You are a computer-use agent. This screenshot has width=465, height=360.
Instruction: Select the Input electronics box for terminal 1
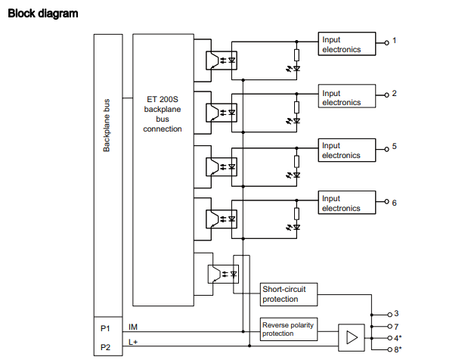tap(347, 44)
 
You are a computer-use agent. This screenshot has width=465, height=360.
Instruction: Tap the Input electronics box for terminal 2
tap(347, 98)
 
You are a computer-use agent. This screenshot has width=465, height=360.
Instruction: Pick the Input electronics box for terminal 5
tap(347, 150)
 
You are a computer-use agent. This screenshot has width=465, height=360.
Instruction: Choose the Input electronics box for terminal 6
tap(347, 203)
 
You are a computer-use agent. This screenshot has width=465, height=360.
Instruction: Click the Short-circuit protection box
tap(288, 293)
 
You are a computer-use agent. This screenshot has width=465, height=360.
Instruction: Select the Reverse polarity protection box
tap(288, 329)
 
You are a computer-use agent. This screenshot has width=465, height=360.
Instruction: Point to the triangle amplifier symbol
tap(350, 337)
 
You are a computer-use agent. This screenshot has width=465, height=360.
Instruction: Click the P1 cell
tap(105, 327)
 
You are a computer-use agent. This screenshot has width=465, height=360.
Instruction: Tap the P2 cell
tap(105, 346)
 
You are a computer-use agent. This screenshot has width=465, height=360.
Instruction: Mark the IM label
tap(134, 327)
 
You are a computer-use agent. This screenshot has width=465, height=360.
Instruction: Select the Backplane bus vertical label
tap(107, 124)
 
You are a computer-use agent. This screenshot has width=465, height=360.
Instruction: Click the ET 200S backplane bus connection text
tap(163, 113)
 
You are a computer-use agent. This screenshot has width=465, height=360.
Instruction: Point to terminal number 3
tap(396, 313)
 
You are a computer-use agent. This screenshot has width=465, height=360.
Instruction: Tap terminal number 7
tap(396, 326)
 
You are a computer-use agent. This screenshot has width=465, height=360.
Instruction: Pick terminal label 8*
tap(398, 350)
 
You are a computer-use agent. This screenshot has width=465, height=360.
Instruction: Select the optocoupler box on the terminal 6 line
tap(221, 218)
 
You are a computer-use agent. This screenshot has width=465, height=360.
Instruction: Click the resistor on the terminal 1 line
tap(296, 54)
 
